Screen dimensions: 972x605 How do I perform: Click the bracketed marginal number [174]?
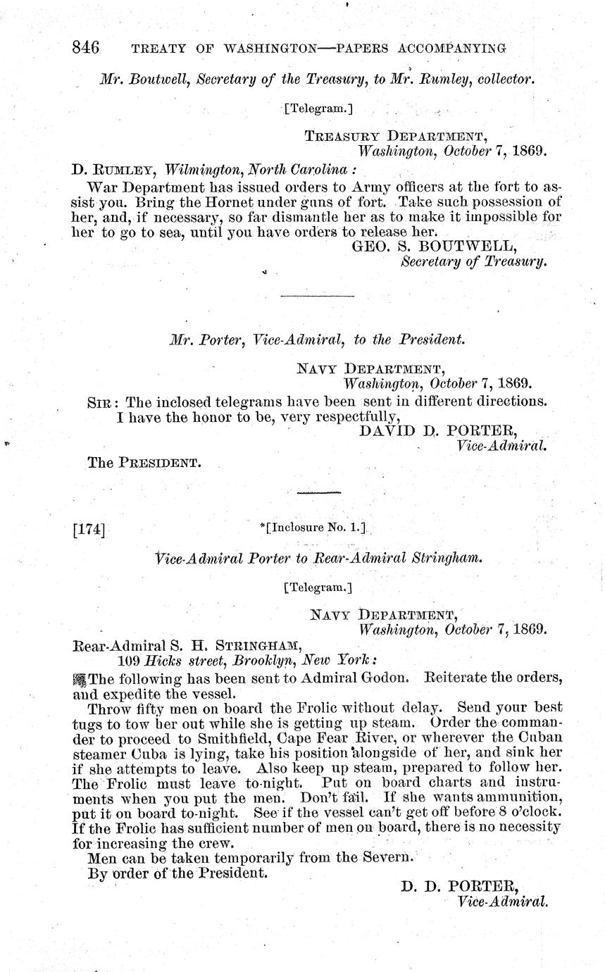(89, 528)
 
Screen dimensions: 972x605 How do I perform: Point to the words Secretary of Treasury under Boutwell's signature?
(473, 261)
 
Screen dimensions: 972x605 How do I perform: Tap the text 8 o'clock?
(524, 812)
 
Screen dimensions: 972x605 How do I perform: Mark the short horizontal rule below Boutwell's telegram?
(317, 296)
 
